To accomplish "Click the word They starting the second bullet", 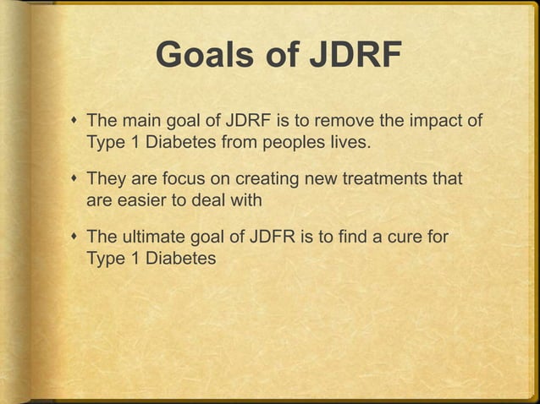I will pos(107,180).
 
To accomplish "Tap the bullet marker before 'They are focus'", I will pos(74,181).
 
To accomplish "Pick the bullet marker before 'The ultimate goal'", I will pos(74,240).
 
